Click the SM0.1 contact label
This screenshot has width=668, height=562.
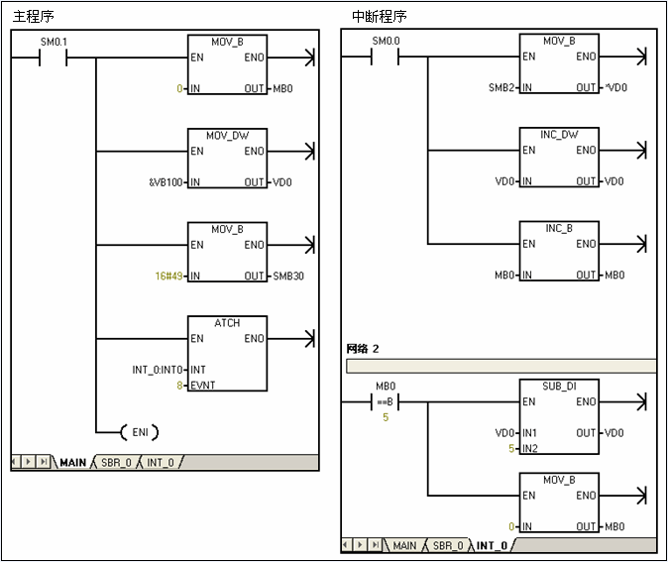(54, 42)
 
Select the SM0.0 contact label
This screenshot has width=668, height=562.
(386, 41)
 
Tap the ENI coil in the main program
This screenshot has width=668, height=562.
(140, 432)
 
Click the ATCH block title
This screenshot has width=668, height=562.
(227, 323)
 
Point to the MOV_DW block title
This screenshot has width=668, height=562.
(228, 136)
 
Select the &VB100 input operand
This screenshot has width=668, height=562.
(166, 182)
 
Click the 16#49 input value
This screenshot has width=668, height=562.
(168, 277)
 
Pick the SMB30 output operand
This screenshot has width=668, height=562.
(288, 277)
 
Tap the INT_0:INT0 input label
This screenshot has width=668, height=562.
(158, 370)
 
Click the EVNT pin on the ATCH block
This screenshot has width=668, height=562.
(203, 386)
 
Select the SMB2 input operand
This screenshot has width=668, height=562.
(501, 88)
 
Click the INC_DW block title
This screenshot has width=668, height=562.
(559, 135)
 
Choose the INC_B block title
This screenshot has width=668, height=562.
(559, 228)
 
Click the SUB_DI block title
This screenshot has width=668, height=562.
(559, 386)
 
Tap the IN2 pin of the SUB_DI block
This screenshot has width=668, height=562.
(530, 448)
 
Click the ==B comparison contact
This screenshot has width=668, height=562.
(386, 401)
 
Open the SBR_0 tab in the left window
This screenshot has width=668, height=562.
(116, 462)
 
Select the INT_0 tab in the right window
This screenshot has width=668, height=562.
(492, 546)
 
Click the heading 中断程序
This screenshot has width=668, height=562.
(380, 16)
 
